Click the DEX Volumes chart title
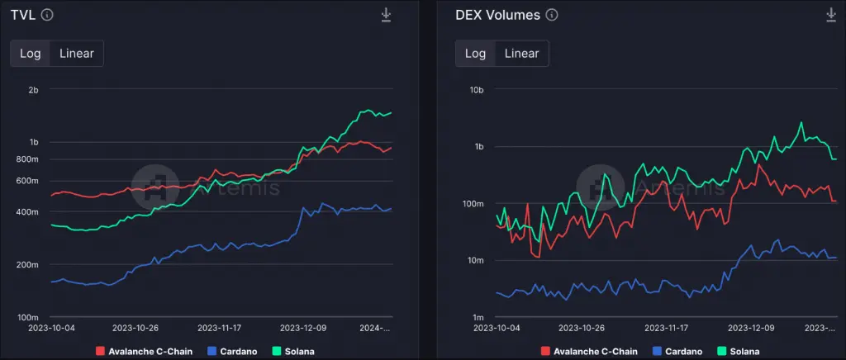pyautogui.click(x=497, y=15)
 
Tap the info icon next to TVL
pyautogui.click(x=47, y=15)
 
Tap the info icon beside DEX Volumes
pyautogui.click(x=552, y=15)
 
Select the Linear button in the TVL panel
pyautogui.click(x=77, y=54)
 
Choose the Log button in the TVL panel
pyautogui.click(x=31, y=54)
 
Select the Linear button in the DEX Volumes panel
pyautogui.click(x=521, y=54)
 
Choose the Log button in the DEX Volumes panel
pyautogui.click(x=475, y=54)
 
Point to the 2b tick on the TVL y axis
pyautogui.click(x=33, y=89)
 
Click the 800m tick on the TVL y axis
pyautogui.click(x=27, y=159)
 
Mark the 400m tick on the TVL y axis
pyautogui.click(x=27, y=212)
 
